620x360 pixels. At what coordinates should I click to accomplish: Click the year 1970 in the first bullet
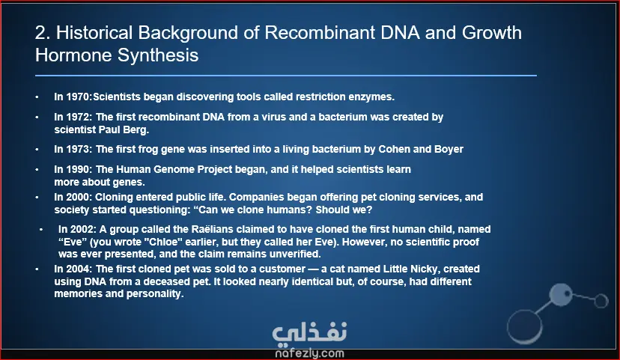[79, 97]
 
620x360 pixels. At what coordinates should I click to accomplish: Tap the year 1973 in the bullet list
[79, 150]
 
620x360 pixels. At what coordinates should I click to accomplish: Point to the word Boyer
[449, 150]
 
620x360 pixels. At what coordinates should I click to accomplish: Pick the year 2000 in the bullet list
[79, 197]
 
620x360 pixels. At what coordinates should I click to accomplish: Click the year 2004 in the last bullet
[79, 269]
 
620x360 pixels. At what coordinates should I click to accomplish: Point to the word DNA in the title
[400, 33]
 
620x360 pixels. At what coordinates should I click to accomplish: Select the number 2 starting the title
[40, 33]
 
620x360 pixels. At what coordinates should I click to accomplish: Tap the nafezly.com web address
[309, 353]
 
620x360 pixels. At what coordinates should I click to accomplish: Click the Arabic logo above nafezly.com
[309, 332]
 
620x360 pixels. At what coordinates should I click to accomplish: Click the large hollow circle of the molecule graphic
[524, 327]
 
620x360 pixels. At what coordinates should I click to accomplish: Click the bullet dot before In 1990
[37, 170]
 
